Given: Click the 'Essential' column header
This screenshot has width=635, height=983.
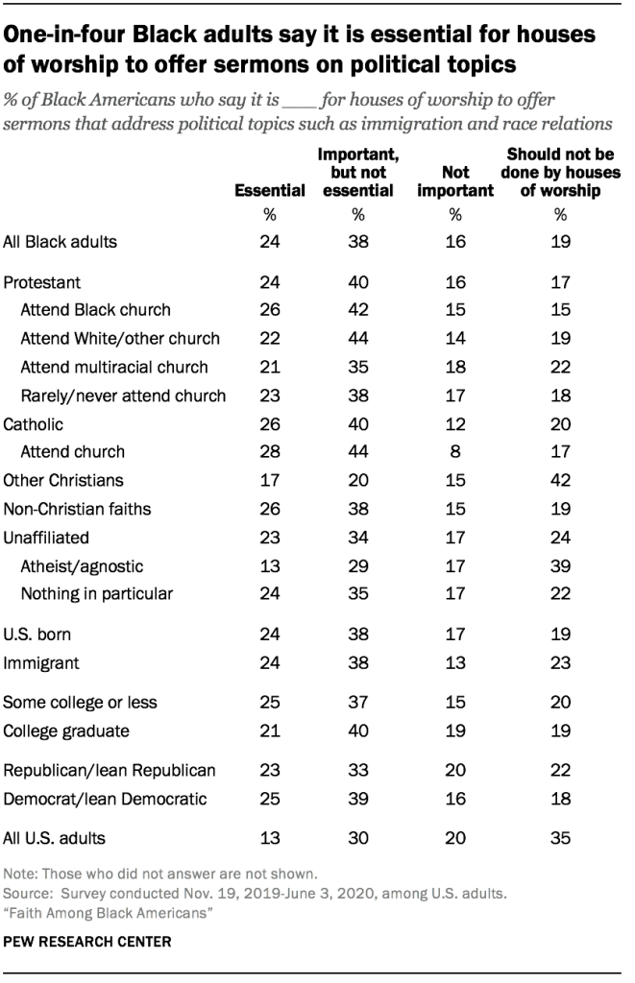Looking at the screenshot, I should [269, 191].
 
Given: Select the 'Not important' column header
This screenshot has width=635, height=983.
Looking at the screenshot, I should [455, 181].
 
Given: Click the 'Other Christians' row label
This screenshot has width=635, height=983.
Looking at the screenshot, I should [64, 479].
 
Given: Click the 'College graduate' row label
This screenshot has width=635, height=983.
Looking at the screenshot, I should [68, 731].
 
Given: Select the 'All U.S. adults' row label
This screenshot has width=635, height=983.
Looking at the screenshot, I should [55, 838].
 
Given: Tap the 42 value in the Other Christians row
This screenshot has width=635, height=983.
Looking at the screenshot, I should [562, 479].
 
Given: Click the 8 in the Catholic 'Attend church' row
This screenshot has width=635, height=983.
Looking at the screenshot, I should [455, 450].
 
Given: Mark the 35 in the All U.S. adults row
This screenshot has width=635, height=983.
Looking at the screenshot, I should [562, 838].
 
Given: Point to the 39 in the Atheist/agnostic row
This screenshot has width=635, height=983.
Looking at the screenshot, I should [562, 566].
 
